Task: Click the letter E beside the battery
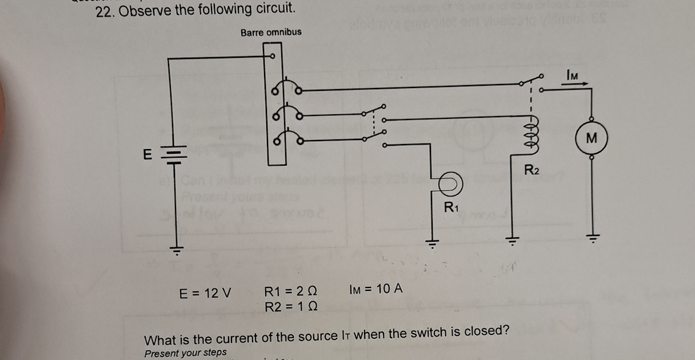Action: click(x=147, y=154)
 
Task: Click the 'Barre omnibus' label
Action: click(x=271, y=32)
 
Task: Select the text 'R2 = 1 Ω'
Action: click(x=291, y=307)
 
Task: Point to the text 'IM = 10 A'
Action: click(x=375, y=289)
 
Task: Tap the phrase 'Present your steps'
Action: click(x=185, y=353)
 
